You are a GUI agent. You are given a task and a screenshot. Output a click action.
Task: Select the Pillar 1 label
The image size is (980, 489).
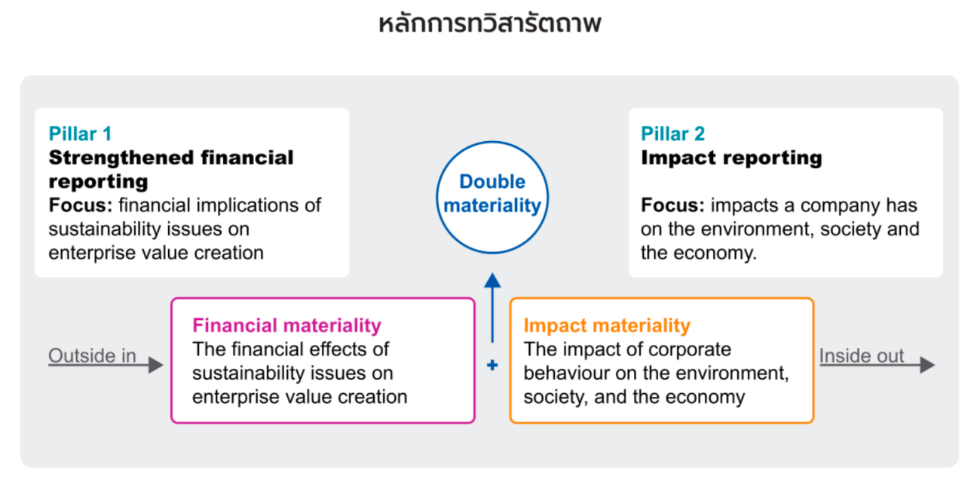(x=80, y=134)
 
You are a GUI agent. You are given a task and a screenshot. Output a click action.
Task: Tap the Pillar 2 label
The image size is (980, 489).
(x=673, y=134)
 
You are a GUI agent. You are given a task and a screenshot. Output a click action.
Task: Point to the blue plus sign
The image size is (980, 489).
(x=492, y=364)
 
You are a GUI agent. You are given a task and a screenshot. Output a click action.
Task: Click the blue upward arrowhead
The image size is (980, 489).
(x=492, y=281)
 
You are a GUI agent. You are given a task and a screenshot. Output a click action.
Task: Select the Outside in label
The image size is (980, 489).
(x=92, y=355)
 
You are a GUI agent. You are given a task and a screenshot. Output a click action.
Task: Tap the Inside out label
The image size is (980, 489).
(x=862, y=355)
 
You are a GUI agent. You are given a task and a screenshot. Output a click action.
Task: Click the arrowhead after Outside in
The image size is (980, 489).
(x=156, y=364)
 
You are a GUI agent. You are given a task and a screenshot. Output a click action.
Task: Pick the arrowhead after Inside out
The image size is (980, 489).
(x=927, y=364)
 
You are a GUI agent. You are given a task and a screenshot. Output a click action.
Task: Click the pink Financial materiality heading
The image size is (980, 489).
(x=286, y=325)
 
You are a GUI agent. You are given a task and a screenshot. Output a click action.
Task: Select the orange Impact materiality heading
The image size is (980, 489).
(x=607, y=325)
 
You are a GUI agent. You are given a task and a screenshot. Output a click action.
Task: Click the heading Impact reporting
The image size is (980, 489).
(x=731, y=158)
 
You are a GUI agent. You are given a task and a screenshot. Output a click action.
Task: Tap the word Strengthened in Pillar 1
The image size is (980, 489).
(x=121, y=158)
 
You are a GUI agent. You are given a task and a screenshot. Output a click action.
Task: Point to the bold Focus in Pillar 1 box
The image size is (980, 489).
(x=81, y=205)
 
